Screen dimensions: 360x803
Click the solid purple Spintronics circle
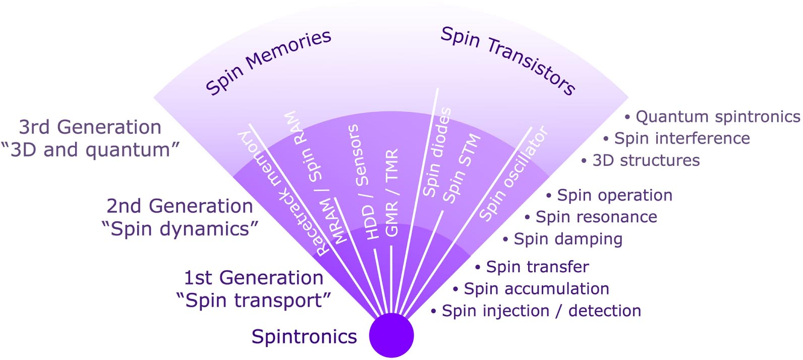click(x=391, y=335)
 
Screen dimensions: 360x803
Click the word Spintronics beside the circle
click(x=304, y=336)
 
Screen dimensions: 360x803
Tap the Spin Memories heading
click(x=268, y=62)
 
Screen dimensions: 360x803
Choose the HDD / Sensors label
click(x=362, y=182)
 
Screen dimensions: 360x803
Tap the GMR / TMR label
click(x=392, y=192)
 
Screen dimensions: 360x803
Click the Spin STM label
click(x=461, y=168)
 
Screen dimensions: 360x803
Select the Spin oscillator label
click(x=513, y=174)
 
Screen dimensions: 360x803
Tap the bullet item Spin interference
click(x=681, y=138)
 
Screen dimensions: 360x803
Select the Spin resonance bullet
click(x=596, y=217)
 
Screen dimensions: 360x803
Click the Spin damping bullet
click(x=567, y=239)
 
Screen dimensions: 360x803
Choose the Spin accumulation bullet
click(x=536, y=288)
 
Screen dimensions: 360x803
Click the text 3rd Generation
click(x=90, y=127)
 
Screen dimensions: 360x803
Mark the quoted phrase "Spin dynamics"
click(x=180, y=229)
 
